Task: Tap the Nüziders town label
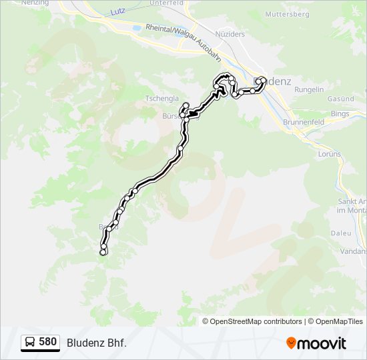point(230,33)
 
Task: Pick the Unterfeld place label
point(166,3)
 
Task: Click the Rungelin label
point(309,89)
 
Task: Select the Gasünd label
point(340,99)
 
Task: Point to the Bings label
point(340,114)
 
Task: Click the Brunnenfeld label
point(304,123)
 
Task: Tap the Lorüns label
point(330,154)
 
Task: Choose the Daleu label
point(340,233)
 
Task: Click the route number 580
point(47,342)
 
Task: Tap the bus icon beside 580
point(30,343)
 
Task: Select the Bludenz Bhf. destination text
point(96,343)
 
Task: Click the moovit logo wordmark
point(322,343)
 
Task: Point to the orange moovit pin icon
point(291,343)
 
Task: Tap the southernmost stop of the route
point(103,253)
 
